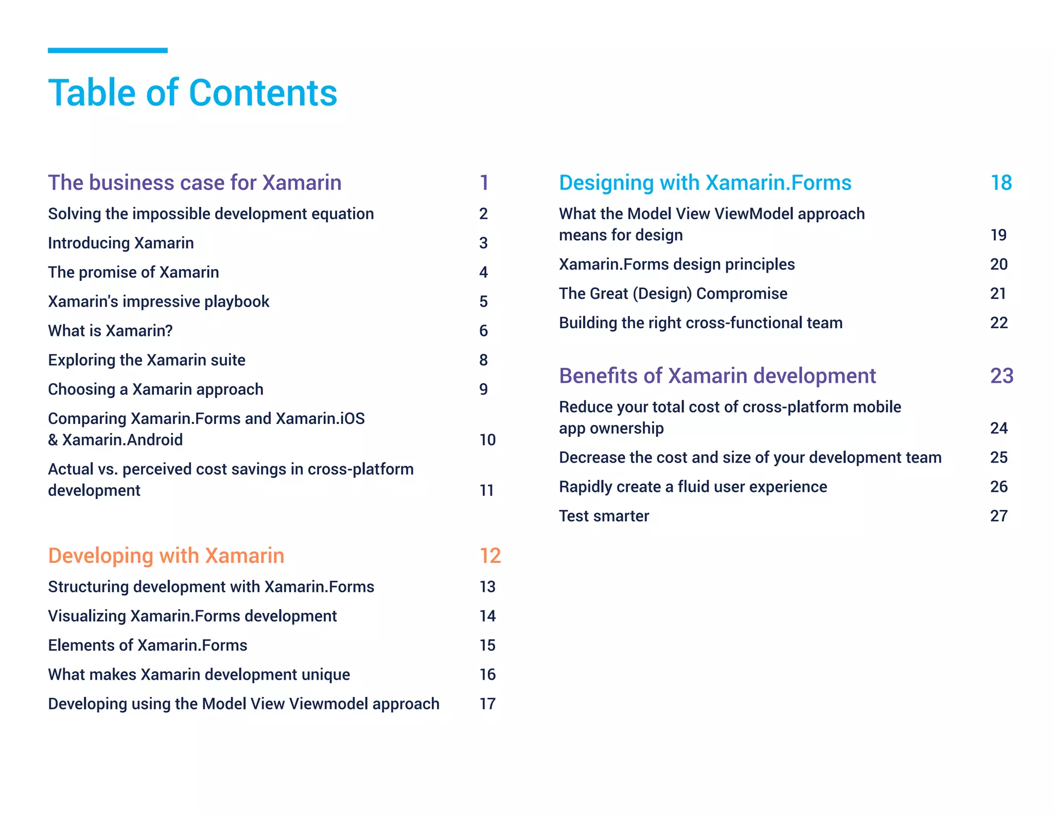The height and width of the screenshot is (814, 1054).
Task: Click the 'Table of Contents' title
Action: click(x=192, y=93)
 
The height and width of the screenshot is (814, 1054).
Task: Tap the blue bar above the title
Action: click(x=108, y=50)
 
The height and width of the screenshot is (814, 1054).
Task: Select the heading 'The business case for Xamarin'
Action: click(x=195, y=183)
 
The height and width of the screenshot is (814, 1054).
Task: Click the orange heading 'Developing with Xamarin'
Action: click(x=166, y=556)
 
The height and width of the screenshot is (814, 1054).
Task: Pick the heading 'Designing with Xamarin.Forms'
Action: click(x=705, y=183)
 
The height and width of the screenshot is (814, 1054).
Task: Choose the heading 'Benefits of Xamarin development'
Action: click(x=717, y=376)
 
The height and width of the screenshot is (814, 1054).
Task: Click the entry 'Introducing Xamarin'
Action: click(x=121, y=243)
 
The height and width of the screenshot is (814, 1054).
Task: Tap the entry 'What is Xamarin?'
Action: click(x=110, y=330)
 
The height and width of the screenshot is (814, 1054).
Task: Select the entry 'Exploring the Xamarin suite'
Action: click(x=147, y=360)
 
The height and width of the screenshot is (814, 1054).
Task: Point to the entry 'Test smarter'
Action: click(x=604, y=516)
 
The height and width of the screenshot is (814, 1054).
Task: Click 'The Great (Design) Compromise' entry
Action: click(x=673, y=293)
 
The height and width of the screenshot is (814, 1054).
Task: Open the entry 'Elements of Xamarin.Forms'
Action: click(x=148, y=645)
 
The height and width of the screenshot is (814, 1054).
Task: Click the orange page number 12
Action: click(x=490, y=556)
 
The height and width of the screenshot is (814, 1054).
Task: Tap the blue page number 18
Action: click(x=1001, y=183)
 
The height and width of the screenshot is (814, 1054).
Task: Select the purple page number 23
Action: click(x=1002, y=376)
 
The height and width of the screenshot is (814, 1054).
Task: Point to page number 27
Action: click(x=998, y=516)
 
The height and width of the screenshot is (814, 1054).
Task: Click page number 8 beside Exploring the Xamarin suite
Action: click(x=483, y=360)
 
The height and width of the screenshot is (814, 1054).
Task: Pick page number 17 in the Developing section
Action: click(x=487, y=703)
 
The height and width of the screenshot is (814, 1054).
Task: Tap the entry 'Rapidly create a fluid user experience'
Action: click(x=693, y=486)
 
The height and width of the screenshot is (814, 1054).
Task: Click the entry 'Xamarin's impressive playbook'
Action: click(x=159, y=301)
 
